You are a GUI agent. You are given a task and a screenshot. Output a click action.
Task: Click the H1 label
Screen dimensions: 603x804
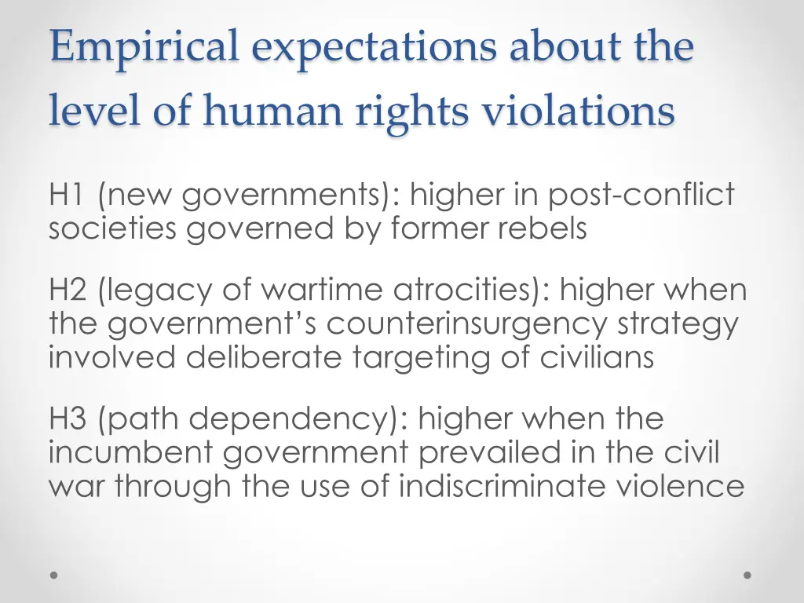click(x=68, y=194)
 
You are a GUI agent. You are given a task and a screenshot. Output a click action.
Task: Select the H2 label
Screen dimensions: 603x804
click(x=69, y=291)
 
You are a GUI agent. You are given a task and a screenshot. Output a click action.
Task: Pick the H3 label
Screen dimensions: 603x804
click(x=69, y=418)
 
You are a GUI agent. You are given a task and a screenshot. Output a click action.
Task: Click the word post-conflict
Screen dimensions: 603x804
click(x=641, y=194)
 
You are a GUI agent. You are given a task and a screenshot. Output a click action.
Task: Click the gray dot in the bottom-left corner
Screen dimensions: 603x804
click(x=54, y=575)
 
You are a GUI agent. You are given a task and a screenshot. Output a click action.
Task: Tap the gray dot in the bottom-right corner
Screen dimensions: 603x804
click(x=747, y=575)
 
